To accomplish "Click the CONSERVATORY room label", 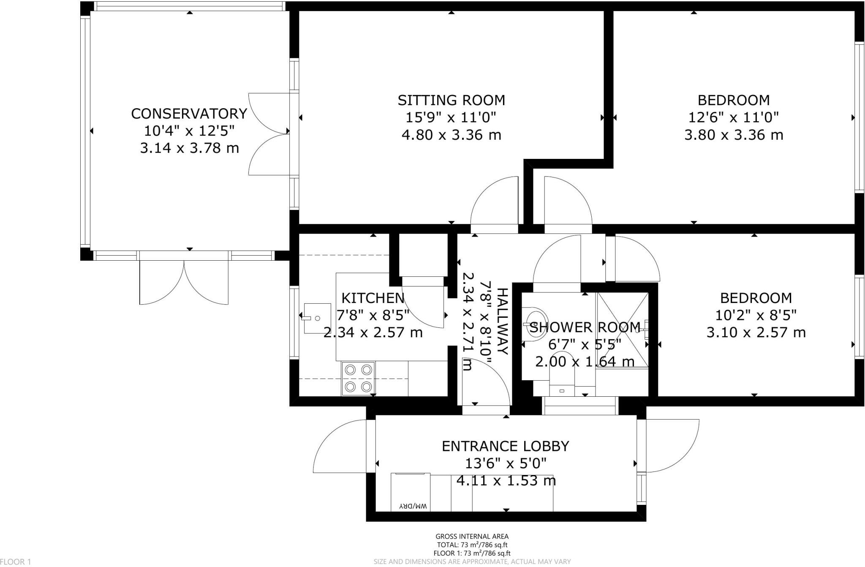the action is tap(189, 114).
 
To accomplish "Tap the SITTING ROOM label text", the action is tap(451, 100).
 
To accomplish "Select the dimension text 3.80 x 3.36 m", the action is tap(734, 135).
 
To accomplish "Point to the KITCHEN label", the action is tap(373, 298).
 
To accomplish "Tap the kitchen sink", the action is tap(317, 318).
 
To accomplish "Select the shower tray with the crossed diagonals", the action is tap(622, 330).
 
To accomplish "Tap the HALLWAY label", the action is tap(502, 322).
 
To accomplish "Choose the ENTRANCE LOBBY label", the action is tap(505, 446).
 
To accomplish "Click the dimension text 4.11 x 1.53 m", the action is tap(506, 481).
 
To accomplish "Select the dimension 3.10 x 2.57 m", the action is tap(756, 333).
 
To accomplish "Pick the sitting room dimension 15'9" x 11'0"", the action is tap(451, 117).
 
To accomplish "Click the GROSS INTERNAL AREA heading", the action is tap(472, 537).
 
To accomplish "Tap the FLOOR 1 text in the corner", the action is tap(16, 562).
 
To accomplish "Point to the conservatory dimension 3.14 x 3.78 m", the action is tap(189, 148).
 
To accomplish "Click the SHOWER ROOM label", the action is tap(585, 327).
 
